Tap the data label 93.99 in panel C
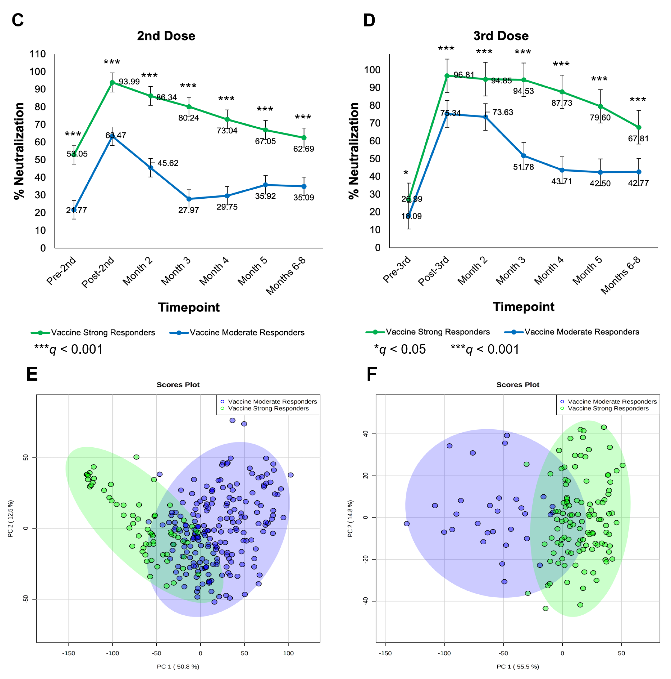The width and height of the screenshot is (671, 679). (129, 82)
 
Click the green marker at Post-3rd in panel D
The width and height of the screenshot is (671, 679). (447, 76)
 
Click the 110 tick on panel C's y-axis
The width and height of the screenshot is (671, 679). (38, 54)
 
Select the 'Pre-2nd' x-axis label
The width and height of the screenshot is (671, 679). (61, 271)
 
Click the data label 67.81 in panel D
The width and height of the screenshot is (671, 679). (638, 138)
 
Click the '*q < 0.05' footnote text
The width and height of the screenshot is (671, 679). (400, 349)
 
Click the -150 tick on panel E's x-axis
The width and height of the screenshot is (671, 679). (69, 653)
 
